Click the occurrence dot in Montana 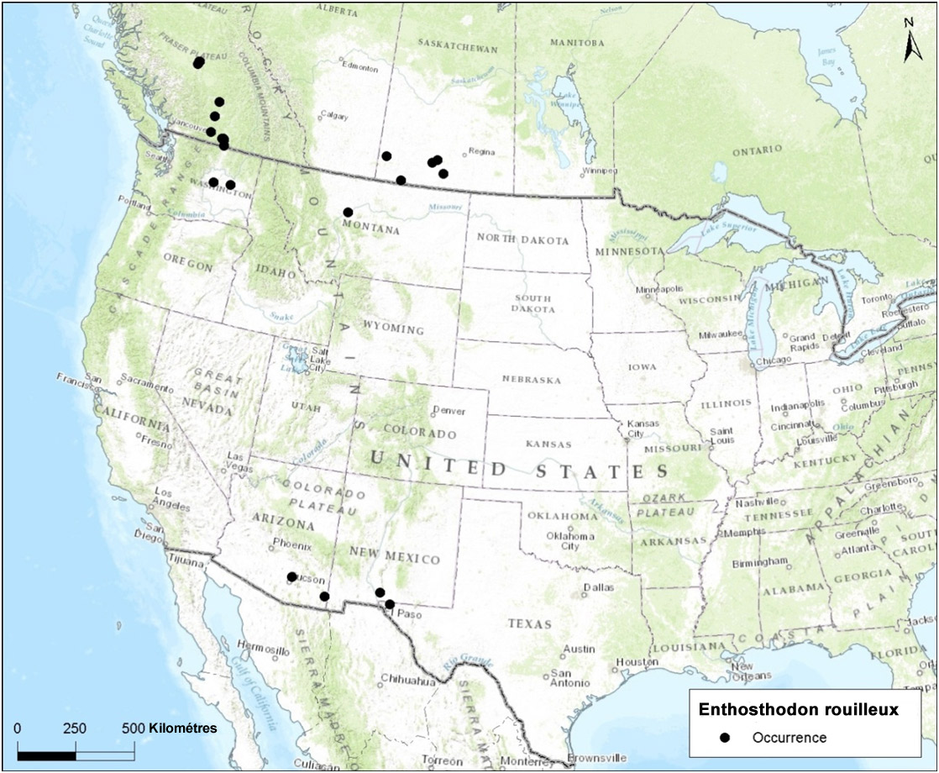pos(348,212)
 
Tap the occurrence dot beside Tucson pos(291,576)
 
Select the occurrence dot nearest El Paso pos(390,604)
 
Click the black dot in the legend pos(724,738)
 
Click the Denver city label pos(448,412)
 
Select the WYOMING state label pos(394,328)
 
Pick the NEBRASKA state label pos(531,380)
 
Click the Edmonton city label pos(361,68)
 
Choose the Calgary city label pos(334,117)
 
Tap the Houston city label pos(636,663)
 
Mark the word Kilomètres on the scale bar pos(183,727)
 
